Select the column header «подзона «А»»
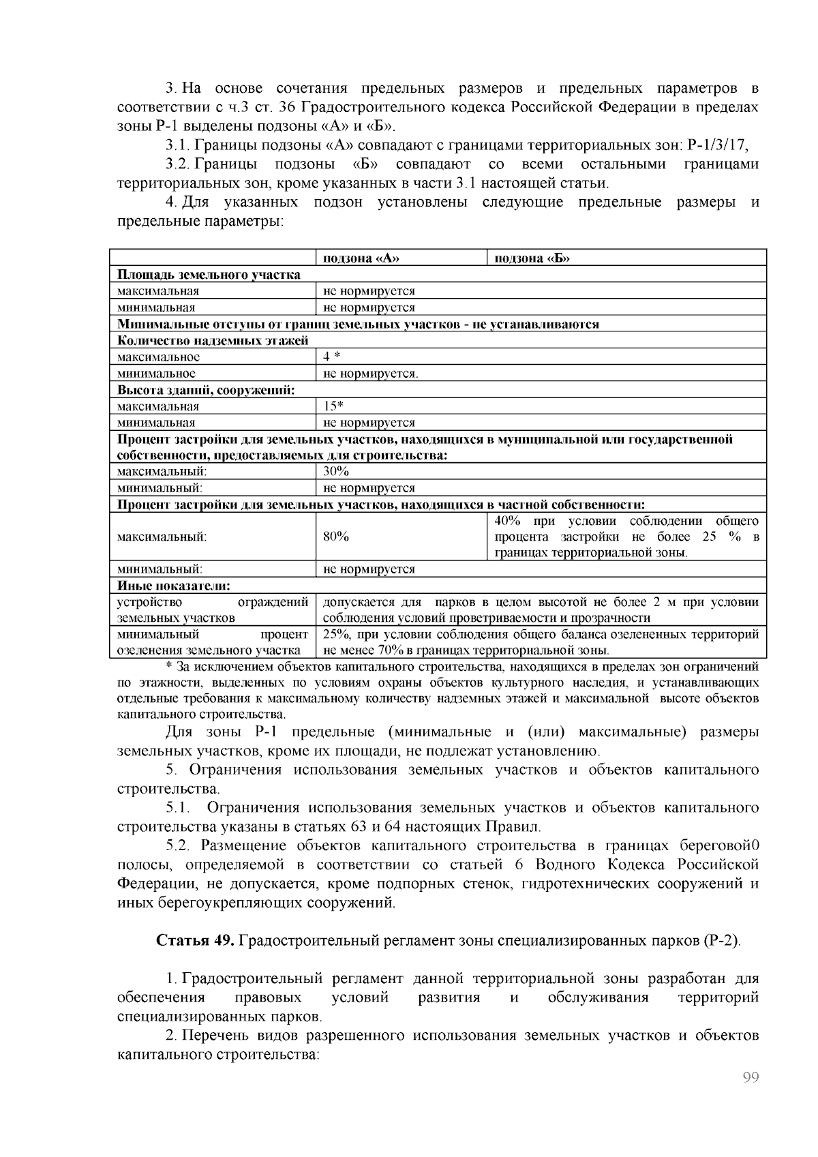pyautogui.click(x=361, y=258)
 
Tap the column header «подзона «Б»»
pyautogui.click(x=532, y=258)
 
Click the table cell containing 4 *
pyautogui.click(x=331, y=357)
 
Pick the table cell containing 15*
pyautogui.click(x=333, y=406)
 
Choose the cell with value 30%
pyautogui.click(x=336, y=472)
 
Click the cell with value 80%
pyautogui.click(x=336, y=537)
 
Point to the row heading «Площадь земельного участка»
pyautogui.click(x=209, y=275)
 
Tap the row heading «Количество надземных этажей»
pyautogui.click(x=213, y=340)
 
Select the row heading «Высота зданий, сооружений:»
pyautogui.click(x=206, y=390)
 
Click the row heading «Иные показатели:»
pyautogui.click(x=173, y=586)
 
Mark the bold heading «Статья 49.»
pyautogui.click(x=196, y=941)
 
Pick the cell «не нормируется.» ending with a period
pyautogui.click(x=370, y=374)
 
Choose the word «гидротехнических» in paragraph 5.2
pyautogui.click(x=586, y=884)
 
